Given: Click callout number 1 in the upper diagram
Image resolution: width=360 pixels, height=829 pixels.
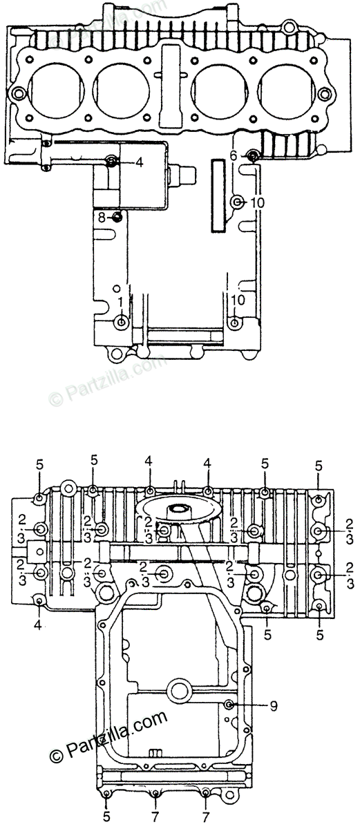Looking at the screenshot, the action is (x=120, y=303).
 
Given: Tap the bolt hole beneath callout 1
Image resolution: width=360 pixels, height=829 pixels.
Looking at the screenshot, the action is (x=121, y=322).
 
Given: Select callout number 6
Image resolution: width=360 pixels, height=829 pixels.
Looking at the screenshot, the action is (x=233, y=156).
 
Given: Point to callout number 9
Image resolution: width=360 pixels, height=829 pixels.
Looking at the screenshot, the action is (x=274, y=707).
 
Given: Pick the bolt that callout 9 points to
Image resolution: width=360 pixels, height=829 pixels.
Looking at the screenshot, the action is (x=229, y=704).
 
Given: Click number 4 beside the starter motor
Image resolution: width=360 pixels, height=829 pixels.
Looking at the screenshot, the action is (x=139, y=162).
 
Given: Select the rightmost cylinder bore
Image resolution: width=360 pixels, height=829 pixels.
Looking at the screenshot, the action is (x=288, y=92).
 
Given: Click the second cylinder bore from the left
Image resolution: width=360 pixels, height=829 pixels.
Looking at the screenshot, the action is (x=121, y=92).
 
